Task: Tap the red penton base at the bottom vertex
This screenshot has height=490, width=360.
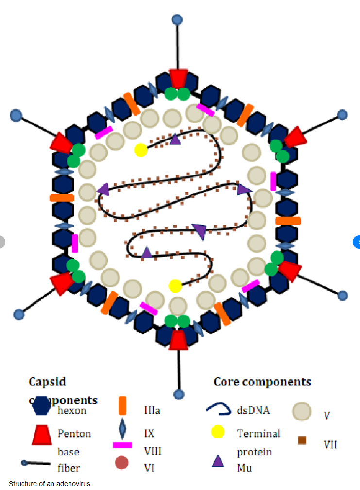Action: point(179,339)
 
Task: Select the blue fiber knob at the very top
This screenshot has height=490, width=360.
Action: point(178,19)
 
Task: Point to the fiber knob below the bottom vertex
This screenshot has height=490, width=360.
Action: point(179,394)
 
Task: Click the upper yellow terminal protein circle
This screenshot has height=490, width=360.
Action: point(140,150)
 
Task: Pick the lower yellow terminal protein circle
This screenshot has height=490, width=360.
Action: point(175,286)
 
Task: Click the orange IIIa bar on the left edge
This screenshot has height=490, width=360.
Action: point(62,198)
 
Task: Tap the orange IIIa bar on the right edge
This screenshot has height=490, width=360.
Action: point(288,221)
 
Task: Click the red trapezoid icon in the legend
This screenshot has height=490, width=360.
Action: point(41,434)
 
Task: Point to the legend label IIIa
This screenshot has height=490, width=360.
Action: point(152,411)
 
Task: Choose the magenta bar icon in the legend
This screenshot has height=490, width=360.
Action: point(122,445)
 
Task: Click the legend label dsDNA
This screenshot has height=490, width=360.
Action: point(253,410)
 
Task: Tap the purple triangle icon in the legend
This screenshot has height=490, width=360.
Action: point(218,461)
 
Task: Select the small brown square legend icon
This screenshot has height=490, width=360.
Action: point(302,440)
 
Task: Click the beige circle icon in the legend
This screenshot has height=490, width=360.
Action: point(302,411)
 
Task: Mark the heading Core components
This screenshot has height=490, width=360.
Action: point(262,382)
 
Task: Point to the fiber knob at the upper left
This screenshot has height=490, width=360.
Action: point(16,115)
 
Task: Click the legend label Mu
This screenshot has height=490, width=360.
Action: point(244,468)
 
